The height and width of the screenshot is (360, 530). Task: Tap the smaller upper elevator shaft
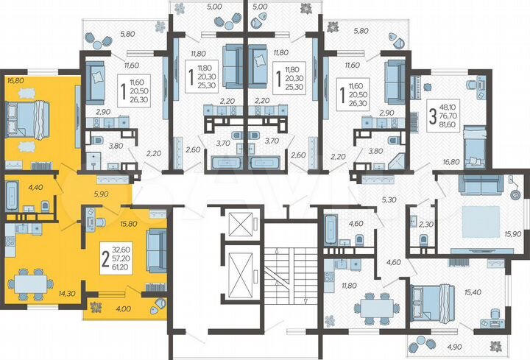pos(240,224)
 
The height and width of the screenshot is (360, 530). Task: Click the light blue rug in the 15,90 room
pos(479,220)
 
